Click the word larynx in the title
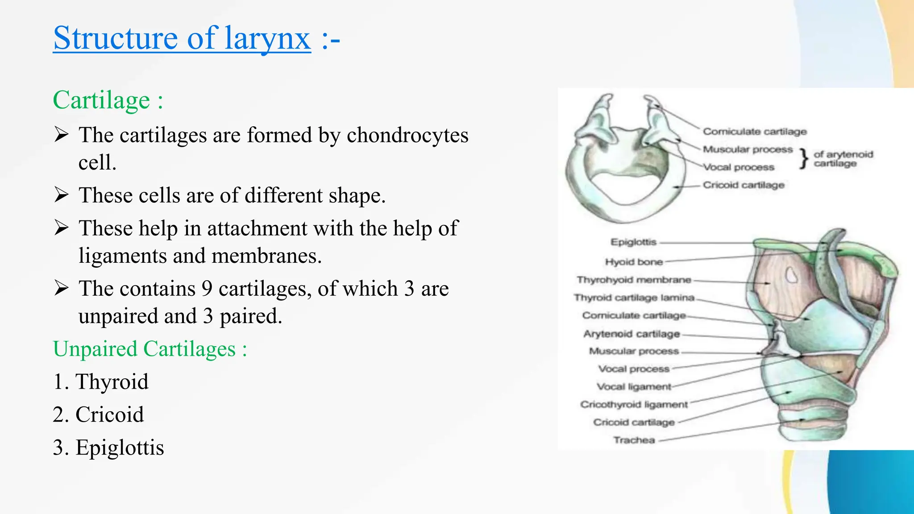[267, 38]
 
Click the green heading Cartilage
[101, 100]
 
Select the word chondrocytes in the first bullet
[407, 135]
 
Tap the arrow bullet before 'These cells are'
[61, 195]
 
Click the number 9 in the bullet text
[207, 289]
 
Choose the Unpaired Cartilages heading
[150, 349]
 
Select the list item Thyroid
[112, 382]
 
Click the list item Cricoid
[109, 415]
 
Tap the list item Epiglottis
[120, 448]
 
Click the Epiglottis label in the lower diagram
[633, 242]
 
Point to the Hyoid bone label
[634, 262]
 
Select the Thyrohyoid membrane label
[634, 280]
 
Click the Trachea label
[634, 440]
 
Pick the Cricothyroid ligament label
[634, 405]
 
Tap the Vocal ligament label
[634, 387]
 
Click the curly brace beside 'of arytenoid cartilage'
[804, 158]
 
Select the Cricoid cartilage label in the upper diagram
[744, 185]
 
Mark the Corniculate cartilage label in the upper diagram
[755, 132]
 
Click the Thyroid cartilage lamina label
[634, 298]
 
